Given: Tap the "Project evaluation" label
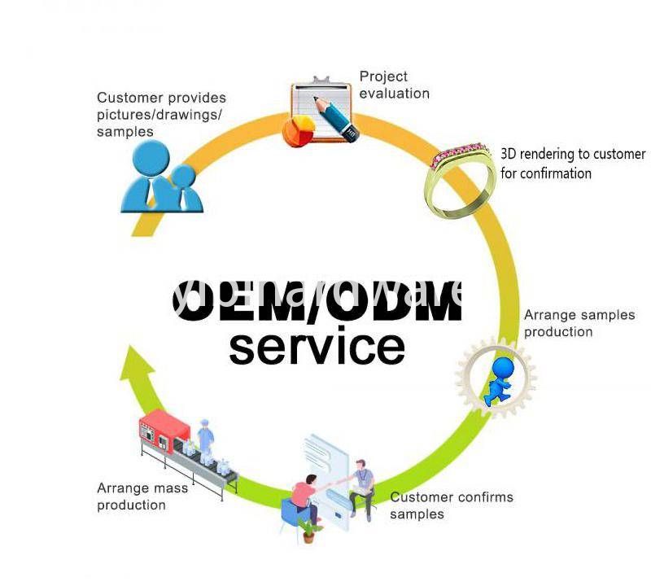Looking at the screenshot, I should (x=394, y=85).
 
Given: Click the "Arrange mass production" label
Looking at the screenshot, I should (x=142, y=496).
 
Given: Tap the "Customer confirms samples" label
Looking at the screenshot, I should (x=451, y=505).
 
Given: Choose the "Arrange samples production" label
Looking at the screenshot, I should (x=579, y=323).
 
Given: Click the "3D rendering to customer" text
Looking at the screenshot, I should (x=572, y=154).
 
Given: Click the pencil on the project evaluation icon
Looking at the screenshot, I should (x=337, y=119).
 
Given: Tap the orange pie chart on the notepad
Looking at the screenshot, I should (x=299, y=129).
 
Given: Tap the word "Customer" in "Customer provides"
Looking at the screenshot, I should (x=129, y=98).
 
